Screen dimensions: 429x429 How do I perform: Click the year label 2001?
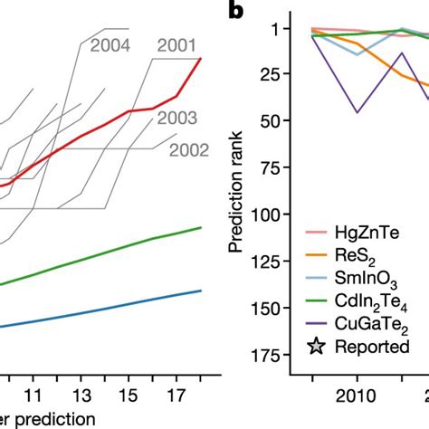(x=179, y=44)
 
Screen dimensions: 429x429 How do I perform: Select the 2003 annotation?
(x=178, y=117)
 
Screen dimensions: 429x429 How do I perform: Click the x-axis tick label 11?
(x=33, y=395)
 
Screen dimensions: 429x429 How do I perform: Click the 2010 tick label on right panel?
(x=357, y=395)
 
